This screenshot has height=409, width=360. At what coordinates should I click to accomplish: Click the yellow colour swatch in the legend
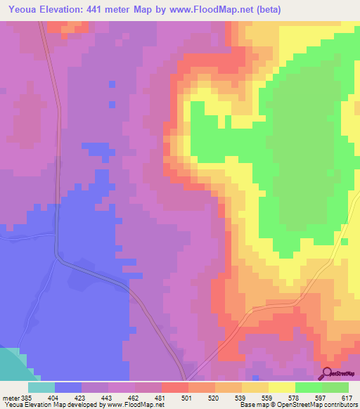[281, 387]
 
